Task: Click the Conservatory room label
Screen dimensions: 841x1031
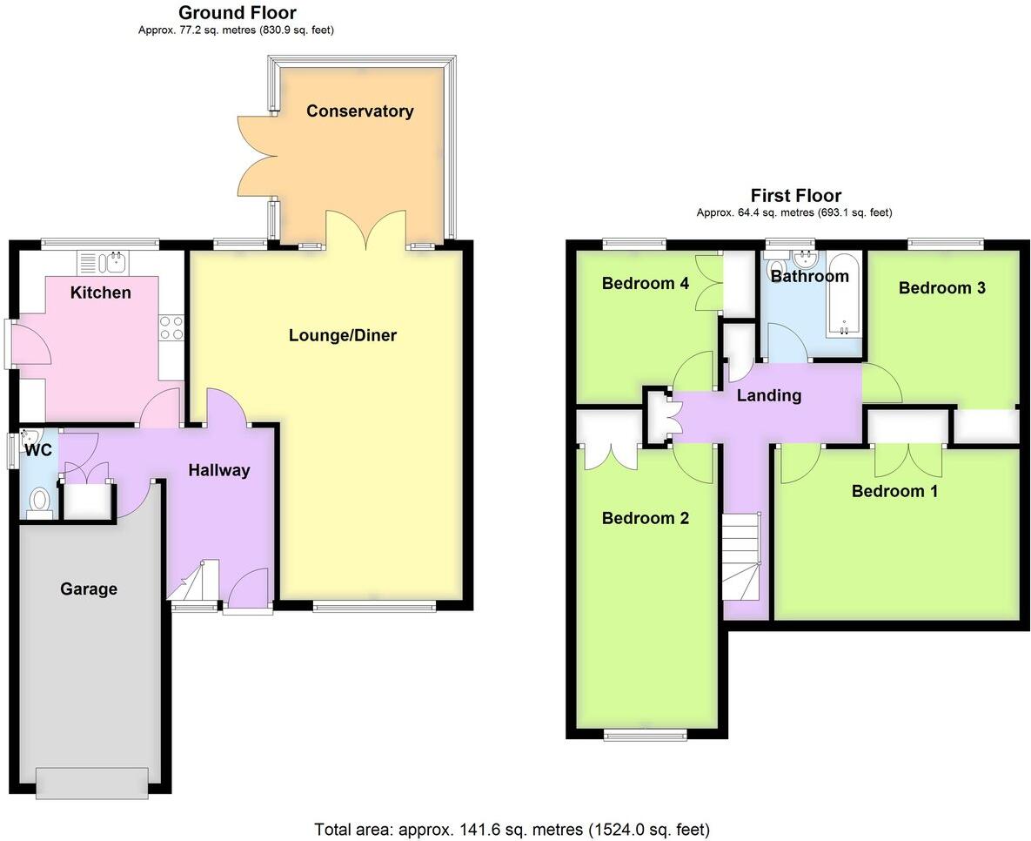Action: pyautogui.click(x=359, y=111)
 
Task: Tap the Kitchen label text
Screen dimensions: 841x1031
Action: pyautogui.click(x=101, y=293)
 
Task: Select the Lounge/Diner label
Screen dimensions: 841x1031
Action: pyautogui.click(x=343, y=335)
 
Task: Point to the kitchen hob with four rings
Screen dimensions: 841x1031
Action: pyautogui.click(x=171, y=326)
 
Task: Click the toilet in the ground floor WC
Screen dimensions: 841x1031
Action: pyautogui.click(x=38, y=501)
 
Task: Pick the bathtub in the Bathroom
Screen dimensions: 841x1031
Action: pyautogui.click(x=842, y=294)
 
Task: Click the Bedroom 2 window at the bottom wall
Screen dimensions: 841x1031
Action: pyautogui.click(x=646, y=736)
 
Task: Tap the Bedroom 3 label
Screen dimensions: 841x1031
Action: pyautogui.click(x=941, y=288)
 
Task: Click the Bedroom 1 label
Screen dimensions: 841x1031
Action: pyautogui.click(x=894, y=491)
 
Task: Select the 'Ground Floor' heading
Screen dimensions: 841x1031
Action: pyautogui.click(x=237, y=13)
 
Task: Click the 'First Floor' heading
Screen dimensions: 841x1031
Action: pyautogui.click(x=795, y=196)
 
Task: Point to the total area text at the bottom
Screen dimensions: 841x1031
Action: pyautogui.click(x=512, y=829)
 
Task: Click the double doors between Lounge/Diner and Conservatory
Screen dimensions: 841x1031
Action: pyautogui.click(x=365, y=231)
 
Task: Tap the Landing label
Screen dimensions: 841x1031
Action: pyautogui.click(x=768, y=396)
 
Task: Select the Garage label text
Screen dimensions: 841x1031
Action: pyautogui.click(x=89, y=589)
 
